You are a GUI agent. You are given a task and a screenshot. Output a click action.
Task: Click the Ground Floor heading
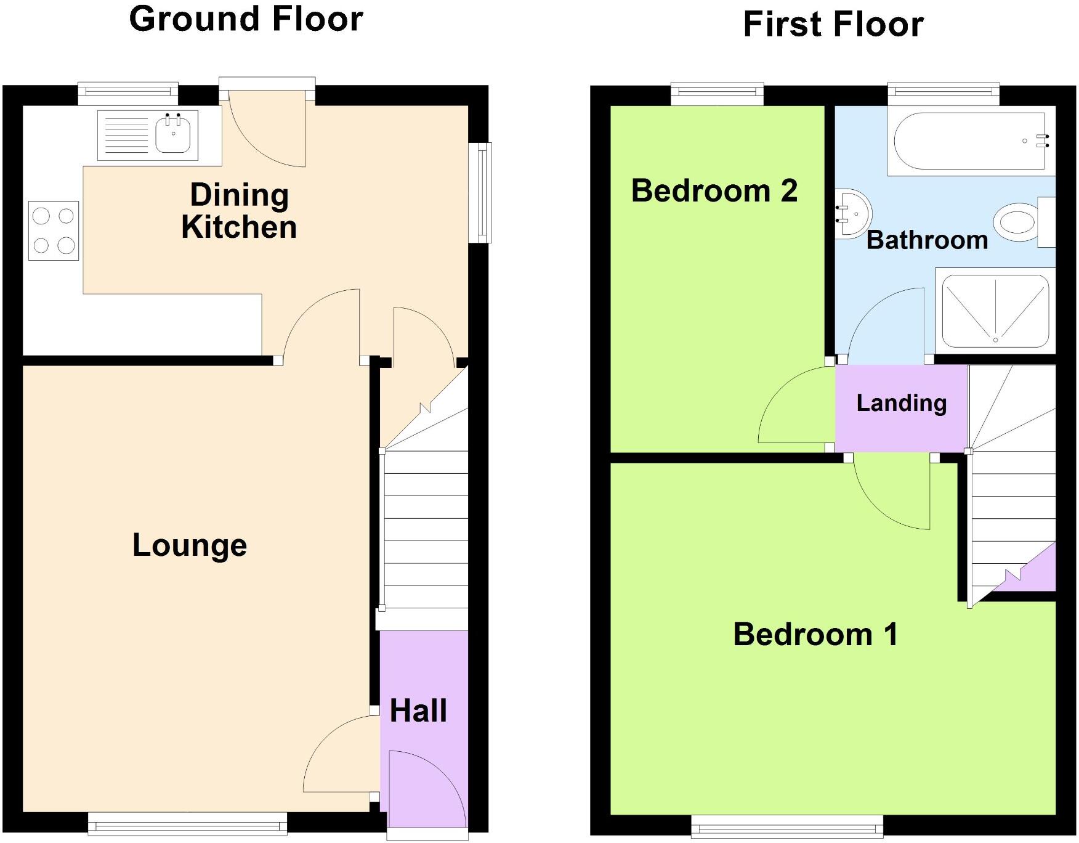tap(246, 18)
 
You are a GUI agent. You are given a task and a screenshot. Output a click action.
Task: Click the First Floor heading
tap(833, 25)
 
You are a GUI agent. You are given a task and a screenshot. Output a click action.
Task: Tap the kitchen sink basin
tap(173, 134)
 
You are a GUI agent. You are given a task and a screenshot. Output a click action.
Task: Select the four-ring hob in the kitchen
tap(54, 230)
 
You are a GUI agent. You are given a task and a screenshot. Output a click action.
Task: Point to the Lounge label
tap(190, 545)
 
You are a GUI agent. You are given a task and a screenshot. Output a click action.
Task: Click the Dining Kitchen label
tap(239, 211)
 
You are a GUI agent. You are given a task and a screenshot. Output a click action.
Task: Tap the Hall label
tap(418, 711)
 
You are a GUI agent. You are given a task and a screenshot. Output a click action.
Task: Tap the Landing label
tap(901, 403)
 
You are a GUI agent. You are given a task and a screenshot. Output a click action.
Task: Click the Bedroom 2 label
tap(714, 191)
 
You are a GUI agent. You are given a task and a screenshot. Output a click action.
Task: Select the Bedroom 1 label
tap(815, 634)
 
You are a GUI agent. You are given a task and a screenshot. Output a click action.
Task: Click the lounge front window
tap(187, 823)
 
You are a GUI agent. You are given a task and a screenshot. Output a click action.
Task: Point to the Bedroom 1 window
tap(786, 826)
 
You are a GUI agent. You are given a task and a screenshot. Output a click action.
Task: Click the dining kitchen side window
tap(480, 192)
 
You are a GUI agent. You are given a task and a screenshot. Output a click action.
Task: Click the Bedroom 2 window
tap(717, 94)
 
